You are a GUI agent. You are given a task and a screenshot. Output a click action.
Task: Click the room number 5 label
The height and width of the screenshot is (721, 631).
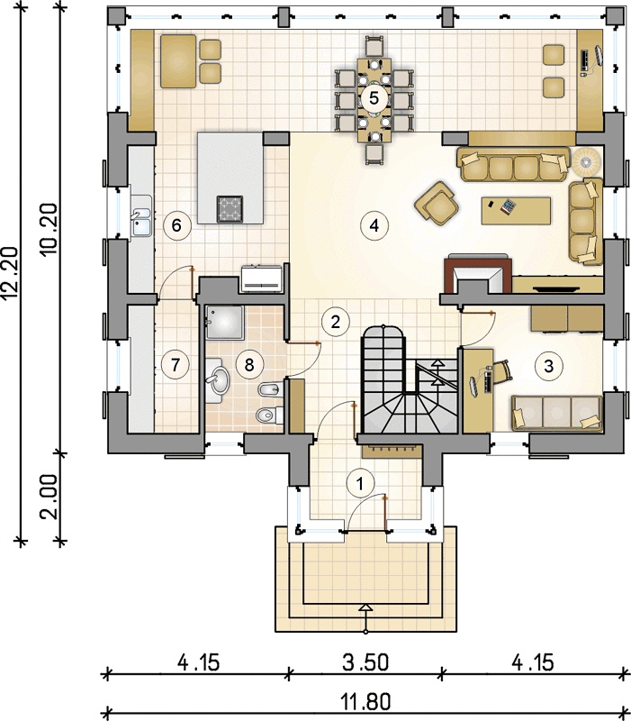(374, 98)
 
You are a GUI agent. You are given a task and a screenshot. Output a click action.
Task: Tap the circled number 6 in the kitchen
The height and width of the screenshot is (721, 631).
(176, 225)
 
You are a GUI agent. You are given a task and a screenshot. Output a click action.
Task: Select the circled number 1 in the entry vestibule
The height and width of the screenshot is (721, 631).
(360, 483)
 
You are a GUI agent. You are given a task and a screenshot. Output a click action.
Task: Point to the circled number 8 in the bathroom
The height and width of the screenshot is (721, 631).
(249, 365)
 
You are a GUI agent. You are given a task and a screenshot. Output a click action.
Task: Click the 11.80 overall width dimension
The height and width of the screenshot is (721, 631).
(366, 702)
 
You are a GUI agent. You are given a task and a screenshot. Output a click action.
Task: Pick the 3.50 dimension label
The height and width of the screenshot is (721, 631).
(365, 662)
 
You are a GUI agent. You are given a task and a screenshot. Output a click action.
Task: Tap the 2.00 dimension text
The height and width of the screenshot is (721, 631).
(50, 497)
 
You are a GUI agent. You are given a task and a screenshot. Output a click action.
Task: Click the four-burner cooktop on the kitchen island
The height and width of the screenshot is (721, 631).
(230, 209)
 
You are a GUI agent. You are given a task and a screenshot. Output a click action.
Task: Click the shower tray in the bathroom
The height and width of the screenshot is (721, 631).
(224, 323)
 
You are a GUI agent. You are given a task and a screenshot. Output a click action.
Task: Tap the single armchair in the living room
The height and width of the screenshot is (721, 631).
(437, 204)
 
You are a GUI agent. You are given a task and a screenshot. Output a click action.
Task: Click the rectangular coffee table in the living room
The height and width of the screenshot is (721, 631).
(516, 211)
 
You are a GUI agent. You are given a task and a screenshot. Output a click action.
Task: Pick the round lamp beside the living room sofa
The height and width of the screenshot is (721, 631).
(586, 161)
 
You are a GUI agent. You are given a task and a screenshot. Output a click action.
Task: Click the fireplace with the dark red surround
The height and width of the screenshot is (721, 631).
(478, 276)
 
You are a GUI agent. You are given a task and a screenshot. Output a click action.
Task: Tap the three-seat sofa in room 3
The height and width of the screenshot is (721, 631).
(556, 413)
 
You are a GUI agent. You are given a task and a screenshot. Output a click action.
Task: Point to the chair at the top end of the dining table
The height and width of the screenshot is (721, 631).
(375, 46)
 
